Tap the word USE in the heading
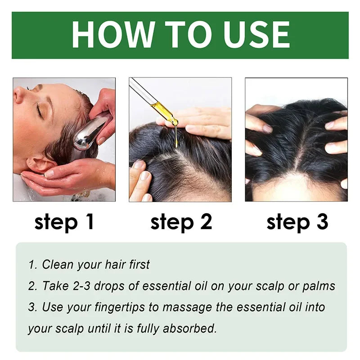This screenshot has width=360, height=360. point(252,35)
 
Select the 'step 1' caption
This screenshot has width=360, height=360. point(64,222)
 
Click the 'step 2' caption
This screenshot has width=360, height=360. point(181,222)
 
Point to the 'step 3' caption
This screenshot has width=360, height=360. point(297,222)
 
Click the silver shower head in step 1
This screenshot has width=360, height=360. point(90,133)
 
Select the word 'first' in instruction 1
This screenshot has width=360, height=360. point(138,265)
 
